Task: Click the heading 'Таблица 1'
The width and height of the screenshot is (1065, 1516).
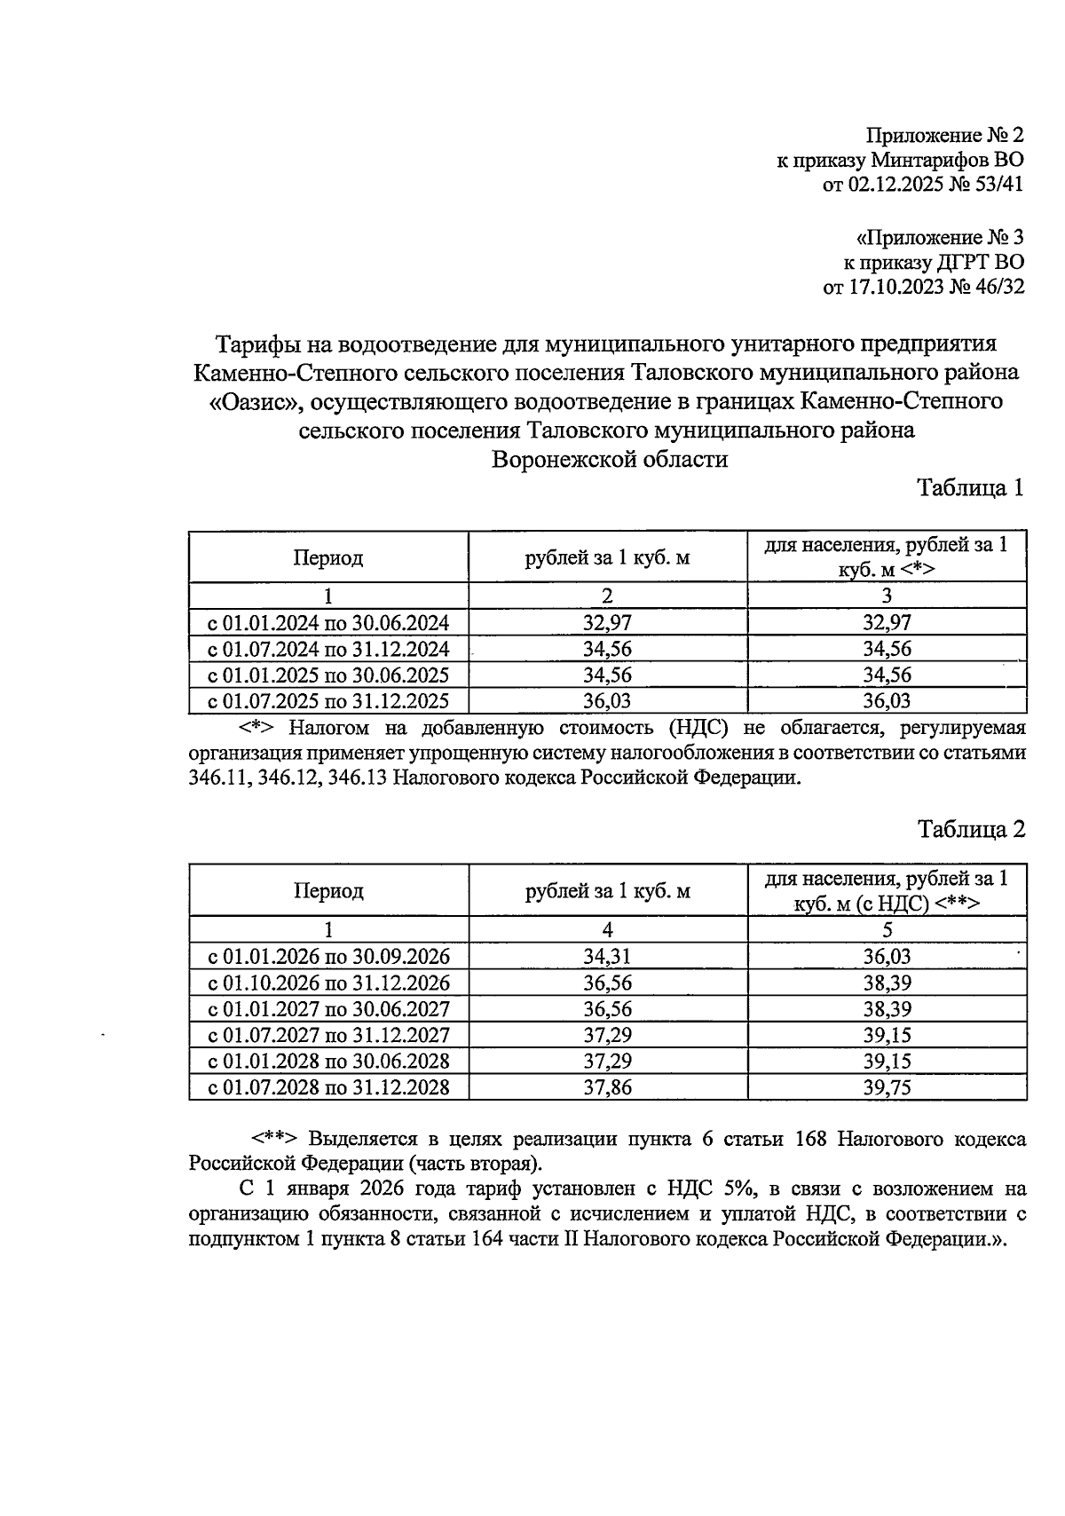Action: tap(970, 487)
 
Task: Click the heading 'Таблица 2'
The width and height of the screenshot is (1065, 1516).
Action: tap(970, 829)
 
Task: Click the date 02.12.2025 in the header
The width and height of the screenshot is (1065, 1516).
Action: tap(895, 186)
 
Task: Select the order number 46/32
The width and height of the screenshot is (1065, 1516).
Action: tap(995, 287)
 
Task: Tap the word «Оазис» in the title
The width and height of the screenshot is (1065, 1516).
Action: tap(251, 401)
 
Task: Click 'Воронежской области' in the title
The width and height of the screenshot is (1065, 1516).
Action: tap(610, 460)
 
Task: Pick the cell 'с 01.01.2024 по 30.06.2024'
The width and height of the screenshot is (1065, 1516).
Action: tap(328, 622)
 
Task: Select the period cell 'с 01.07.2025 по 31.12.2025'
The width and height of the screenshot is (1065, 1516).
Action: tap(328, 701)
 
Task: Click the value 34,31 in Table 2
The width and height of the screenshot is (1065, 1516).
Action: tap(607, 957)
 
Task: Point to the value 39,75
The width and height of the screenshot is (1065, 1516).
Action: tap(887, 1087)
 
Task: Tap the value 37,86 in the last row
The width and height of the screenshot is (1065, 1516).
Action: tap(607, 1087)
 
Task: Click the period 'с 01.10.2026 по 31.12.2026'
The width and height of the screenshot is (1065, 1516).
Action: tap(328, 983)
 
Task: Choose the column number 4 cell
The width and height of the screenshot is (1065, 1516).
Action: tap(607, 929)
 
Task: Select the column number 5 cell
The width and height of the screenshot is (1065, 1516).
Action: tap(887, 929)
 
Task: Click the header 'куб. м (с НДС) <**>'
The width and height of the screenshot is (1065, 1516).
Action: tap(887, 904)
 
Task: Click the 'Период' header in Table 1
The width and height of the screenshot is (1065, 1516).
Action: tap(328, 558)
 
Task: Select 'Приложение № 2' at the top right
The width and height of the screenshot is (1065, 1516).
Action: tap(944, 135)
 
